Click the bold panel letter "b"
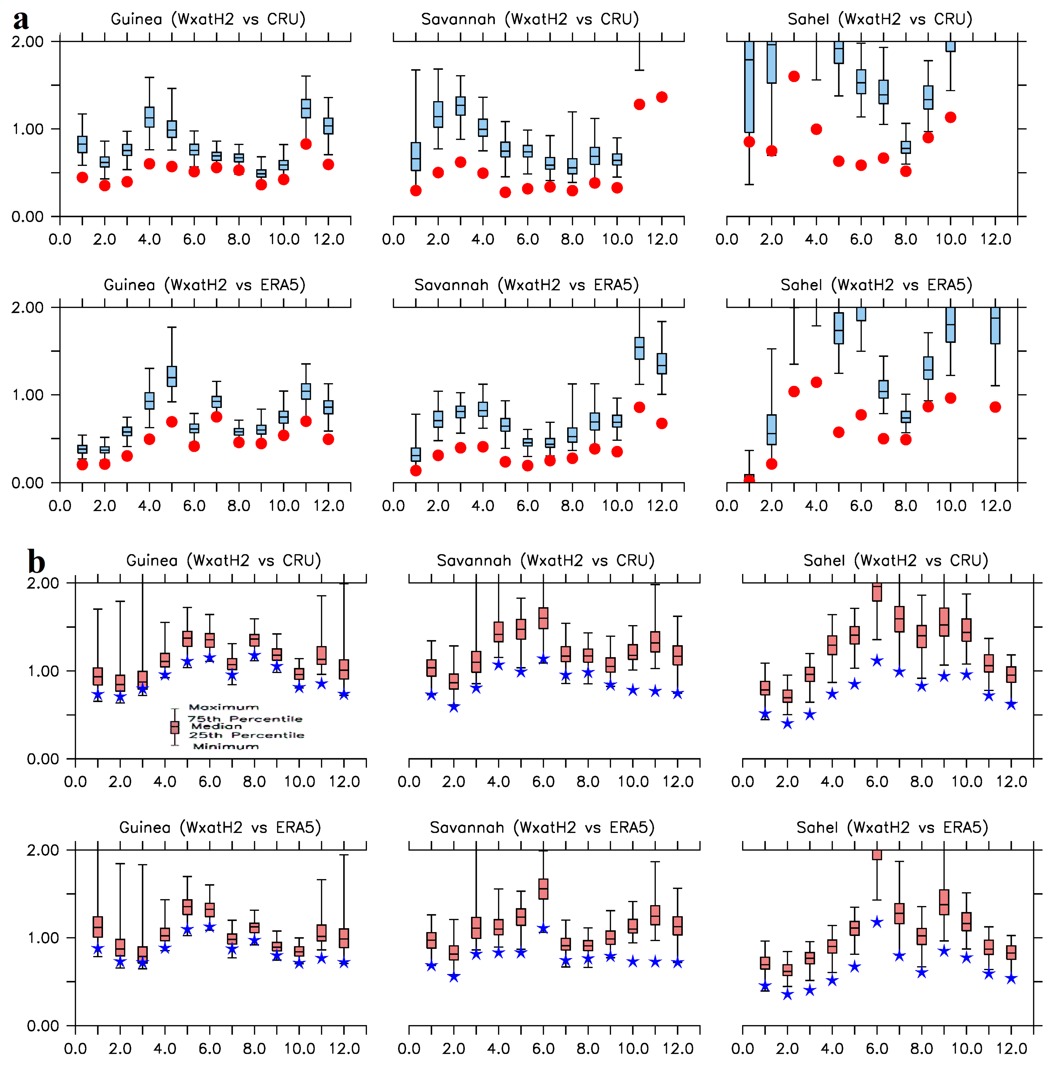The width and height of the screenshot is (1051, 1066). pyautogui.click(x=36, y=562)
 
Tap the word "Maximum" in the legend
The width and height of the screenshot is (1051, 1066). pyautogui.click(x=223, y=707)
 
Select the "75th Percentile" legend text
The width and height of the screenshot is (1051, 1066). pyautogui.click(x=245, y=718)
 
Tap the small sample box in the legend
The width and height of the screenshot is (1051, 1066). pyautogui.click(x=175, y=727)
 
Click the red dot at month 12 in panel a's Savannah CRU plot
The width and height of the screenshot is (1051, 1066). pyautogui.click(x=662, y=97)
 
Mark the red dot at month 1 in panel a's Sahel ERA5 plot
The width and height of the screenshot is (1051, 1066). pyautogui.click(x=749, y=480)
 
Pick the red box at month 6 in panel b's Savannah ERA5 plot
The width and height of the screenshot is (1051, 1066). pyautogui.click(x=544, y=889)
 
